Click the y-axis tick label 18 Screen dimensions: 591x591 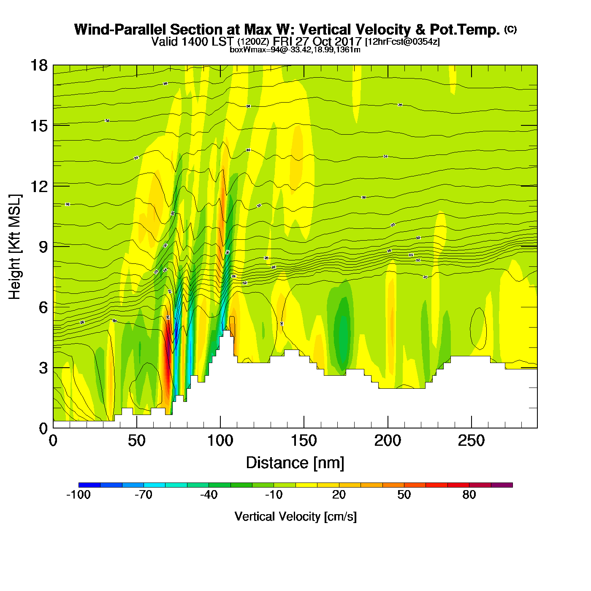39,65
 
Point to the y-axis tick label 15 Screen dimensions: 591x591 39,126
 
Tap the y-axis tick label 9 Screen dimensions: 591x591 43,247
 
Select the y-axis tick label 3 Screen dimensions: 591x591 43,368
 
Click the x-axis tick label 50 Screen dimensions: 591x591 136,441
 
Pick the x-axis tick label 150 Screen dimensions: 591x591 304,441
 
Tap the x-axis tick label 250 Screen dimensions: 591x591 471,441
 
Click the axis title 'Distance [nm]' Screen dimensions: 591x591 295,463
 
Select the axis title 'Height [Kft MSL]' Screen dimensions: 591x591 15,247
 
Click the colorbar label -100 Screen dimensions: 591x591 79,495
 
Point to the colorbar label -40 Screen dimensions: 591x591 209,495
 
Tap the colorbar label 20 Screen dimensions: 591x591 339,495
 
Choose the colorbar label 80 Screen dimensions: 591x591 469,495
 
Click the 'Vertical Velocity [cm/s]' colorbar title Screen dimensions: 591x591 295,516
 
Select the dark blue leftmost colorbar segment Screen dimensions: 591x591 89,485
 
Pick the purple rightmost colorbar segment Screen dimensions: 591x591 502,485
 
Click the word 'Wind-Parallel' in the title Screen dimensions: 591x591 121,30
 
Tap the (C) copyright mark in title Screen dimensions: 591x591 510,29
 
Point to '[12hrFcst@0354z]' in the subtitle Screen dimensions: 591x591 402,42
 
